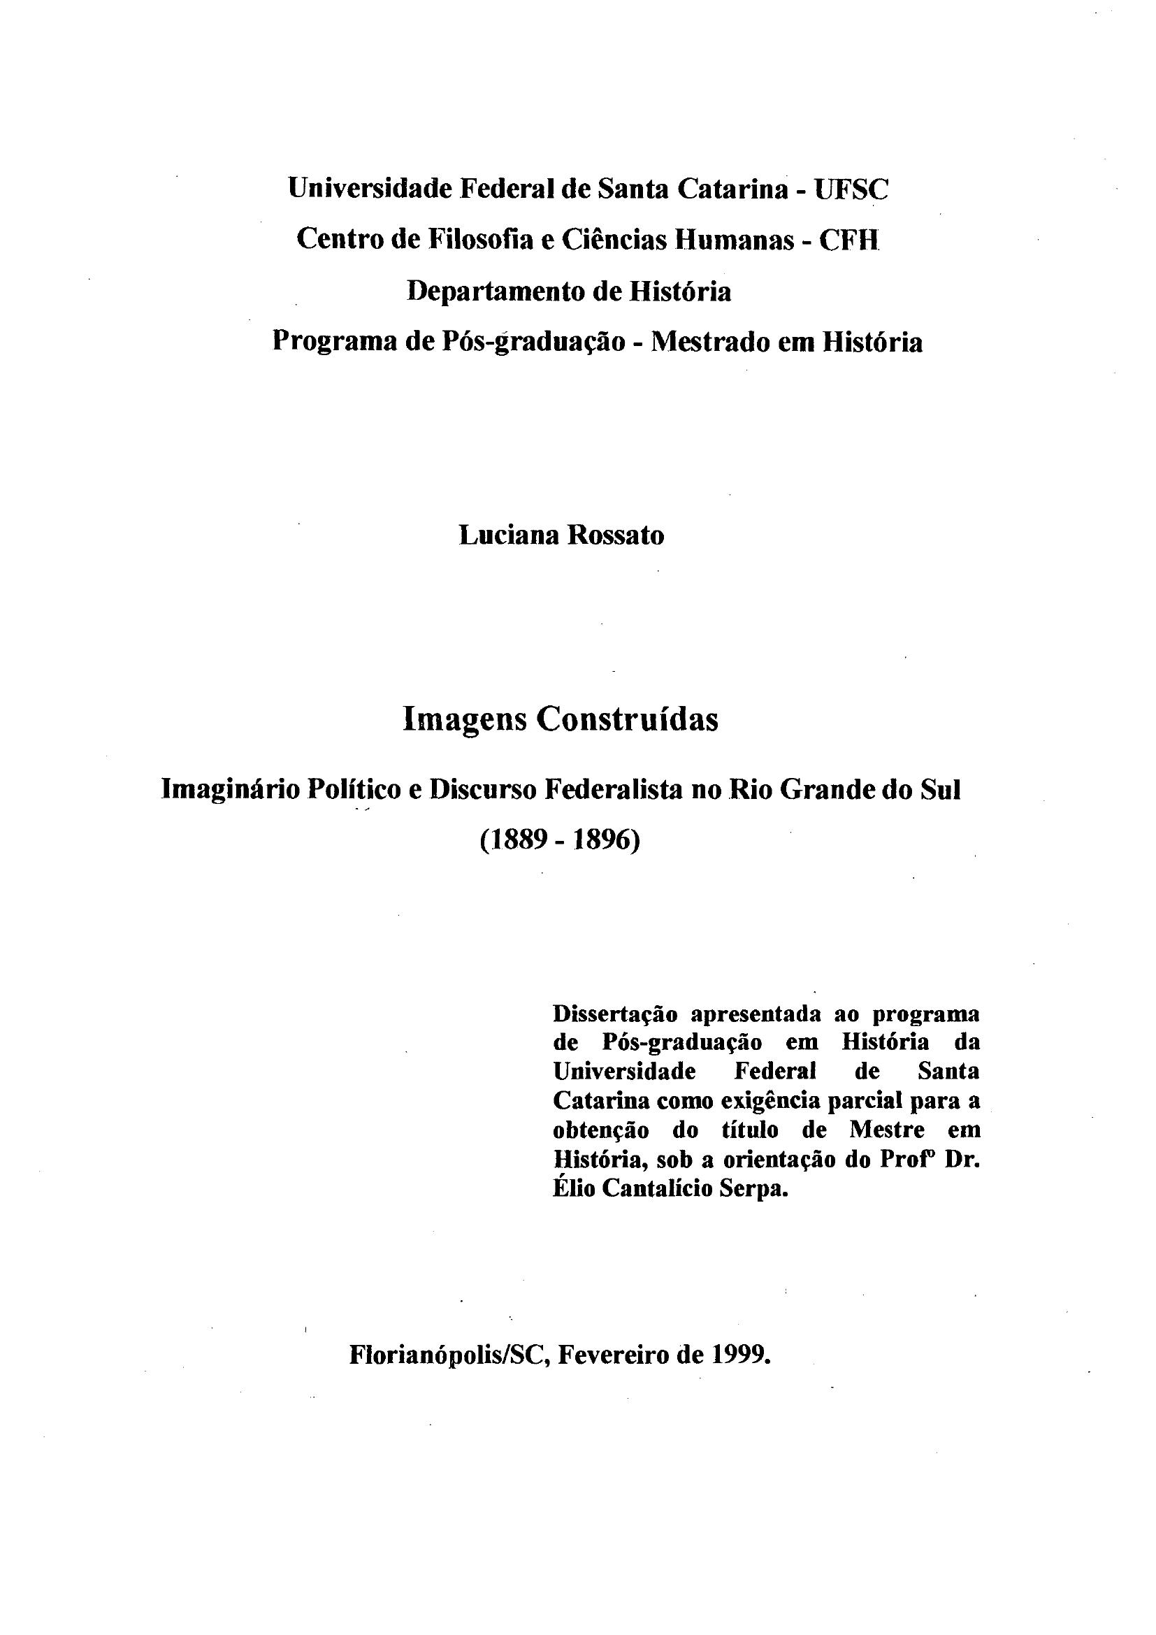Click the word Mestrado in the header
coord(711,343)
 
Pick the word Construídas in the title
coord(627,720)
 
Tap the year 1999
coord(741,1355)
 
